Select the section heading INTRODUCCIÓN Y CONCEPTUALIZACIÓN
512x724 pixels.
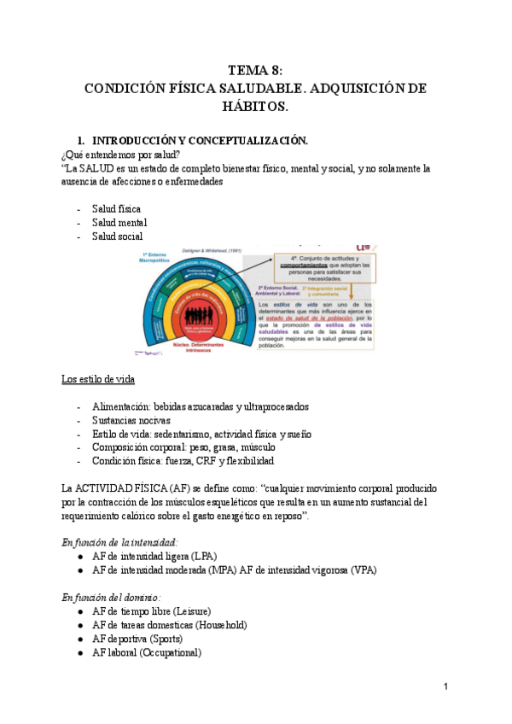[x=200, y=140]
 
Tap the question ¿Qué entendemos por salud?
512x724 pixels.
[x=120, y=155]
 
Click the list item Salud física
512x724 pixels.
[x=117, y=209]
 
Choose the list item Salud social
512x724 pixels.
[x=118, y=236]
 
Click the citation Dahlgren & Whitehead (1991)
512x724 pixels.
[x=215, y=250]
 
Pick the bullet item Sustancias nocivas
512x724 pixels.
[x=131, y=420]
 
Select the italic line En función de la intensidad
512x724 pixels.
[x=120, y=542]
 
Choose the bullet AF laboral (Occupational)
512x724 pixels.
[x=147, y=652]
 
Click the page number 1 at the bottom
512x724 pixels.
[x=445, y=687]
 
